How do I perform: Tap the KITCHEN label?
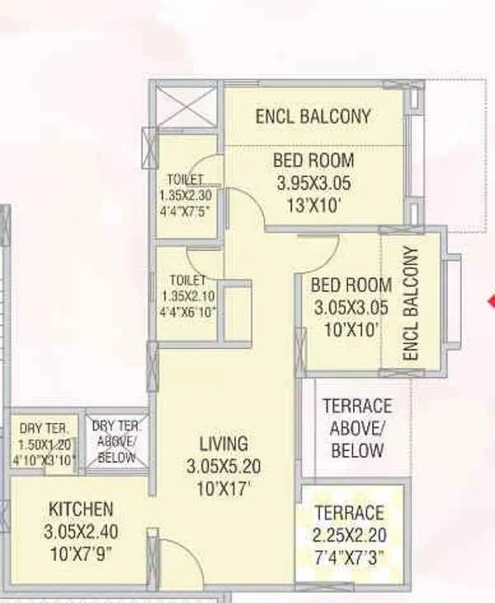coord(80,509)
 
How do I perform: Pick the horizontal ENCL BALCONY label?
coord(313,116)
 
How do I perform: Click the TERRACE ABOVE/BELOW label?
coord(356,428)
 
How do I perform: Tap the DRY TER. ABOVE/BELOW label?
coord(116,439)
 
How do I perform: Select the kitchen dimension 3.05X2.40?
coord(80,530)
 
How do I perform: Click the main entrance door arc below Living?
coord(176,561)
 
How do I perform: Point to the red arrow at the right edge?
coord(492,301)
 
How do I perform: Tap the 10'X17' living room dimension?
coord(223,488)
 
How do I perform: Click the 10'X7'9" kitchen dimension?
coord(80,552)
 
